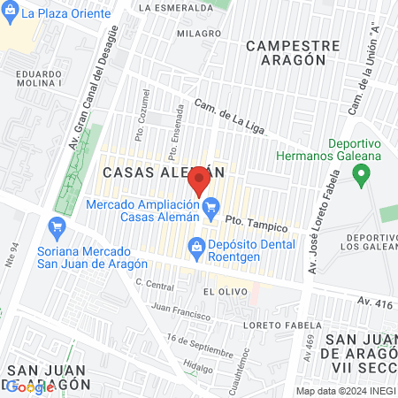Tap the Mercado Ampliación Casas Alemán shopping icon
pyautogui.click(x=210, y=210)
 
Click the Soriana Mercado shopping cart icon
pyautogui.click(x=57, y=226)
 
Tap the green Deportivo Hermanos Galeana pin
pyautogui.click(x=360, y=174)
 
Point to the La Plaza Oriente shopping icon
pyautogui.click(x=11, y=13)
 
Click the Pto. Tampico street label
pyautogui.click(x=251, y=221)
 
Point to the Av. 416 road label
pyautogui.click(x=374, y=302)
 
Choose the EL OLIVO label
pyautogui.click(x=220, y=290)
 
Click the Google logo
pyautogui.click(x=30, y=387)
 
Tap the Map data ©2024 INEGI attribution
pyautogui.click(x=345, y=391)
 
